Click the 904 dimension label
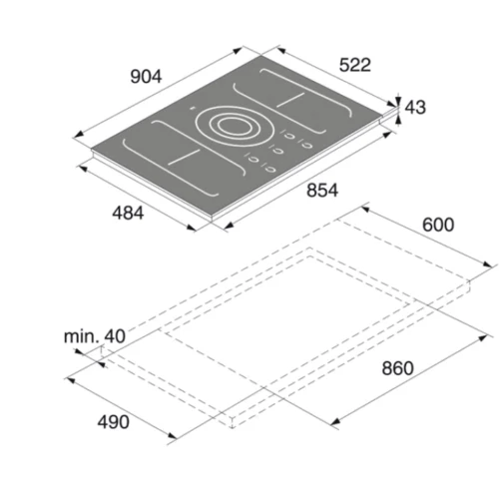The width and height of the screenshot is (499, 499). click(146, 77)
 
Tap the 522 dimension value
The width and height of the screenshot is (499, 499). click(355, 65)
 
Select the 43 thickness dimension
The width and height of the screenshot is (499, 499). click(415, 108)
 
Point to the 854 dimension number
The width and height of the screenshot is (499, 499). click(322, 191)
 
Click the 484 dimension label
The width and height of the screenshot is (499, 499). click(128, 213)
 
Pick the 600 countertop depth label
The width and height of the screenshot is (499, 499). click(438, 225)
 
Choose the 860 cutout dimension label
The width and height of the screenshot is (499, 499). click(397, 368)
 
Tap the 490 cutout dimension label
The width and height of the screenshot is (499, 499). click(113, 422)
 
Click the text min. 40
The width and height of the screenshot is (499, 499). click(95, 336)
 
